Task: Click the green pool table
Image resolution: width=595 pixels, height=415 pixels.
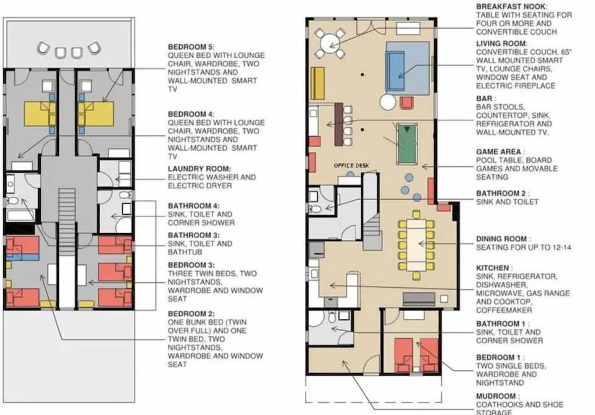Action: point(405,144)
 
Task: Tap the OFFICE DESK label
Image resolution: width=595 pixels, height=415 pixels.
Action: point(351,166)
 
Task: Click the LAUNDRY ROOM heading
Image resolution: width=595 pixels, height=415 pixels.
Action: point(200,169)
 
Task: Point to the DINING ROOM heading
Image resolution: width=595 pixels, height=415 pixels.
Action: point(503,239)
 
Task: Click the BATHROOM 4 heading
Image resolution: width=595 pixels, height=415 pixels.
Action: point(193,205)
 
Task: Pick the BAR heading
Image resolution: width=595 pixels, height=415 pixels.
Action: point(485,99)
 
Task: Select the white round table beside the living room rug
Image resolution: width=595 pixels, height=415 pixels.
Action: point(388,102)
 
